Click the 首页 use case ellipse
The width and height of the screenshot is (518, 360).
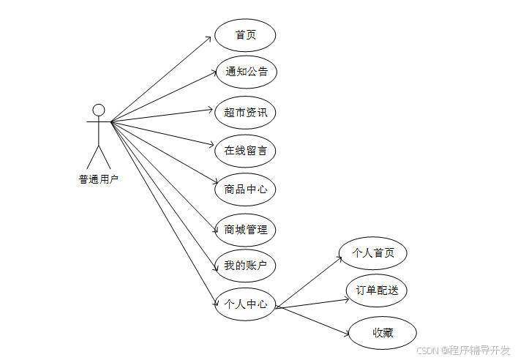pos(245,35)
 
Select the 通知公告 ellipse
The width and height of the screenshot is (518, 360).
pos(245,72)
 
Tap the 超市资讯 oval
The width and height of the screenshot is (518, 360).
pos(245,112)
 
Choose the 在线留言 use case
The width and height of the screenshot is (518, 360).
pos(245,151)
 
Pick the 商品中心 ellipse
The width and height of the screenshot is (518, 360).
pos(245,190)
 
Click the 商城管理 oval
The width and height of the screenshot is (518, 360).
pos(245,229)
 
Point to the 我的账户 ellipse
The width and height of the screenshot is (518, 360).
pos(245,265)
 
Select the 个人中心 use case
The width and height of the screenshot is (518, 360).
pos(245,304)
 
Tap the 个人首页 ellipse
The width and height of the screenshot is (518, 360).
pos(373,253)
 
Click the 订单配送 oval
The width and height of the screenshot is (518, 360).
pos(377,290)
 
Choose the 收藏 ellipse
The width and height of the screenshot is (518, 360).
pos(383,333)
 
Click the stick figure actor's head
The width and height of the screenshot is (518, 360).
pos(99,110)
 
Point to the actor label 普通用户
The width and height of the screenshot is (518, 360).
pos(99,178)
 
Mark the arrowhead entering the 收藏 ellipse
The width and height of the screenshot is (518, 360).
pos(347,334)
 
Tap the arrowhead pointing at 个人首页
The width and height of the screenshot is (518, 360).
pos(339,256)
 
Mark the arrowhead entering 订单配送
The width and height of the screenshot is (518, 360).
pos(345,296)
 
